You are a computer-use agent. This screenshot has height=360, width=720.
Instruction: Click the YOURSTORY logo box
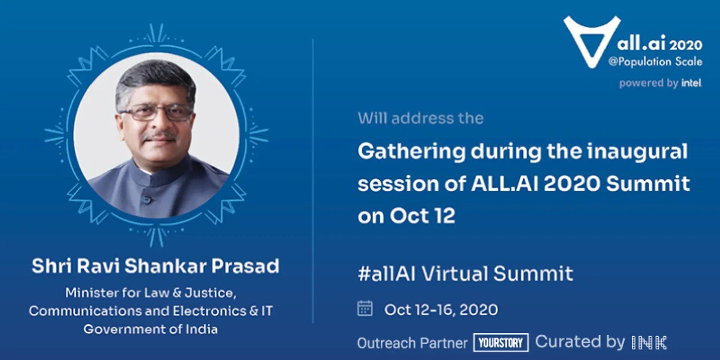point(501,342)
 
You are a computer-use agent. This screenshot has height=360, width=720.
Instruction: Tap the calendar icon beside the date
point(365,309)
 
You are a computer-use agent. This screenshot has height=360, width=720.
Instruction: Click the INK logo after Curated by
point(649,342)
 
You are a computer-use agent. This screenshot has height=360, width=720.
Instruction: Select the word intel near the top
point(691,83)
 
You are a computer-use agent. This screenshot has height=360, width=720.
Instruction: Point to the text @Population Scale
point(655,61)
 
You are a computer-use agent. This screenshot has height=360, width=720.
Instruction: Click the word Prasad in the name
point(245,266)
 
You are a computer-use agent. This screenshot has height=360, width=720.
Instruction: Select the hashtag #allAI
point(387,273)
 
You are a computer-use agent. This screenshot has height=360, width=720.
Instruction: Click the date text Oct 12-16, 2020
point(441,310)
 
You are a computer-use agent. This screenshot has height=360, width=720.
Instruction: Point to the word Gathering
point(411,152)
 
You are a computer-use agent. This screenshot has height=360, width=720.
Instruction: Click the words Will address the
point(420,118)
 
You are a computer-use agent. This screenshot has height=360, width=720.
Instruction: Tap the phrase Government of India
point(150,329)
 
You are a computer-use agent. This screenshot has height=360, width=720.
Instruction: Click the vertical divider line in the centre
point(313,180)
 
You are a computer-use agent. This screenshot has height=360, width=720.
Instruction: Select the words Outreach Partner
point(412,343)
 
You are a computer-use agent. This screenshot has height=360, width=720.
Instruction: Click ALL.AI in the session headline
point(504,184)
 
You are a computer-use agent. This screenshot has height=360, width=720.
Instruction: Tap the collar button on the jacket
point(147,200)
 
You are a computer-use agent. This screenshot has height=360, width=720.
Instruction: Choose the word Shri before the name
point(51,266)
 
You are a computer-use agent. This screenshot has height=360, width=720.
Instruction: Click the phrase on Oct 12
point(406,216)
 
